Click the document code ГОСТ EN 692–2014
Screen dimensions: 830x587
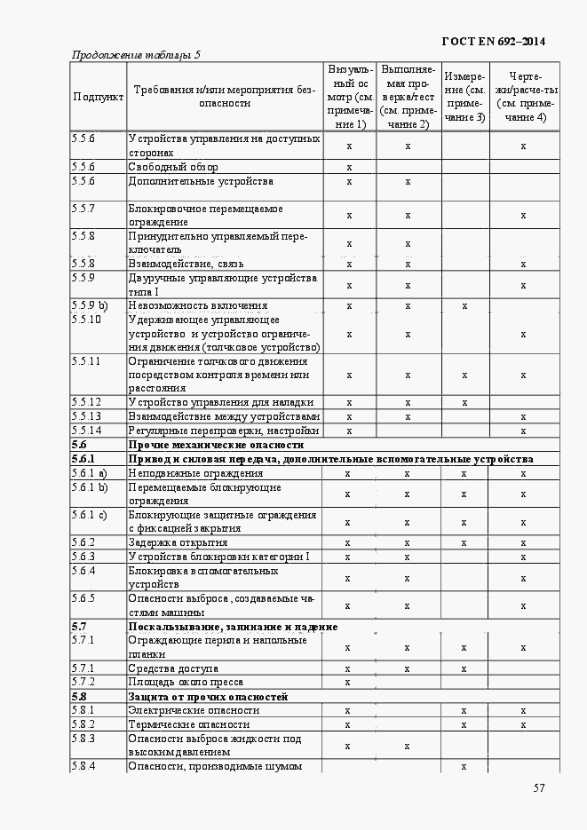(x=494, y=41)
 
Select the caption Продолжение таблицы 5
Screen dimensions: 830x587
(x=136, y=55)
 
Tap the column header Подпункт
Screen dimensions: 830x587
(x=99, y=96)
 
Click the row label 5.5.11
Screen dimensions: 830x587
(x=86, y=361)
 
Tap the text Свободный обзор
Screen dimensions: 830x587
(x=173, y=167)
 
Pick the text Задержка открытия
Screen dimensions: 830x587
(x=178, y=542)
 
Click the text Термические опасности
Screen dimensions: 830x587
(x=188, y=724)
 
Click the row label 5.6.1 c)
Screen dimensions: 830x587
(x=89, y=515)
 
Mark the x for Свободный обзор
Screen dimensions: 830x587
(x=349, y=167)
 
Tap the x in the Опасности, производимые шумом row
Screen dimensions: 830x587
(x=464, y=766)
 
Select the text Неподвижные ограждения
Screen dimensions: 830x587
(x=183, y=473)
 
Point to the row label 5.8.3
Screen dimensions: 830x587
(x=83, y=739)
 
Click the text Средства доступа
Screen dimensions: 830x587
(x=173, y=668)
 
